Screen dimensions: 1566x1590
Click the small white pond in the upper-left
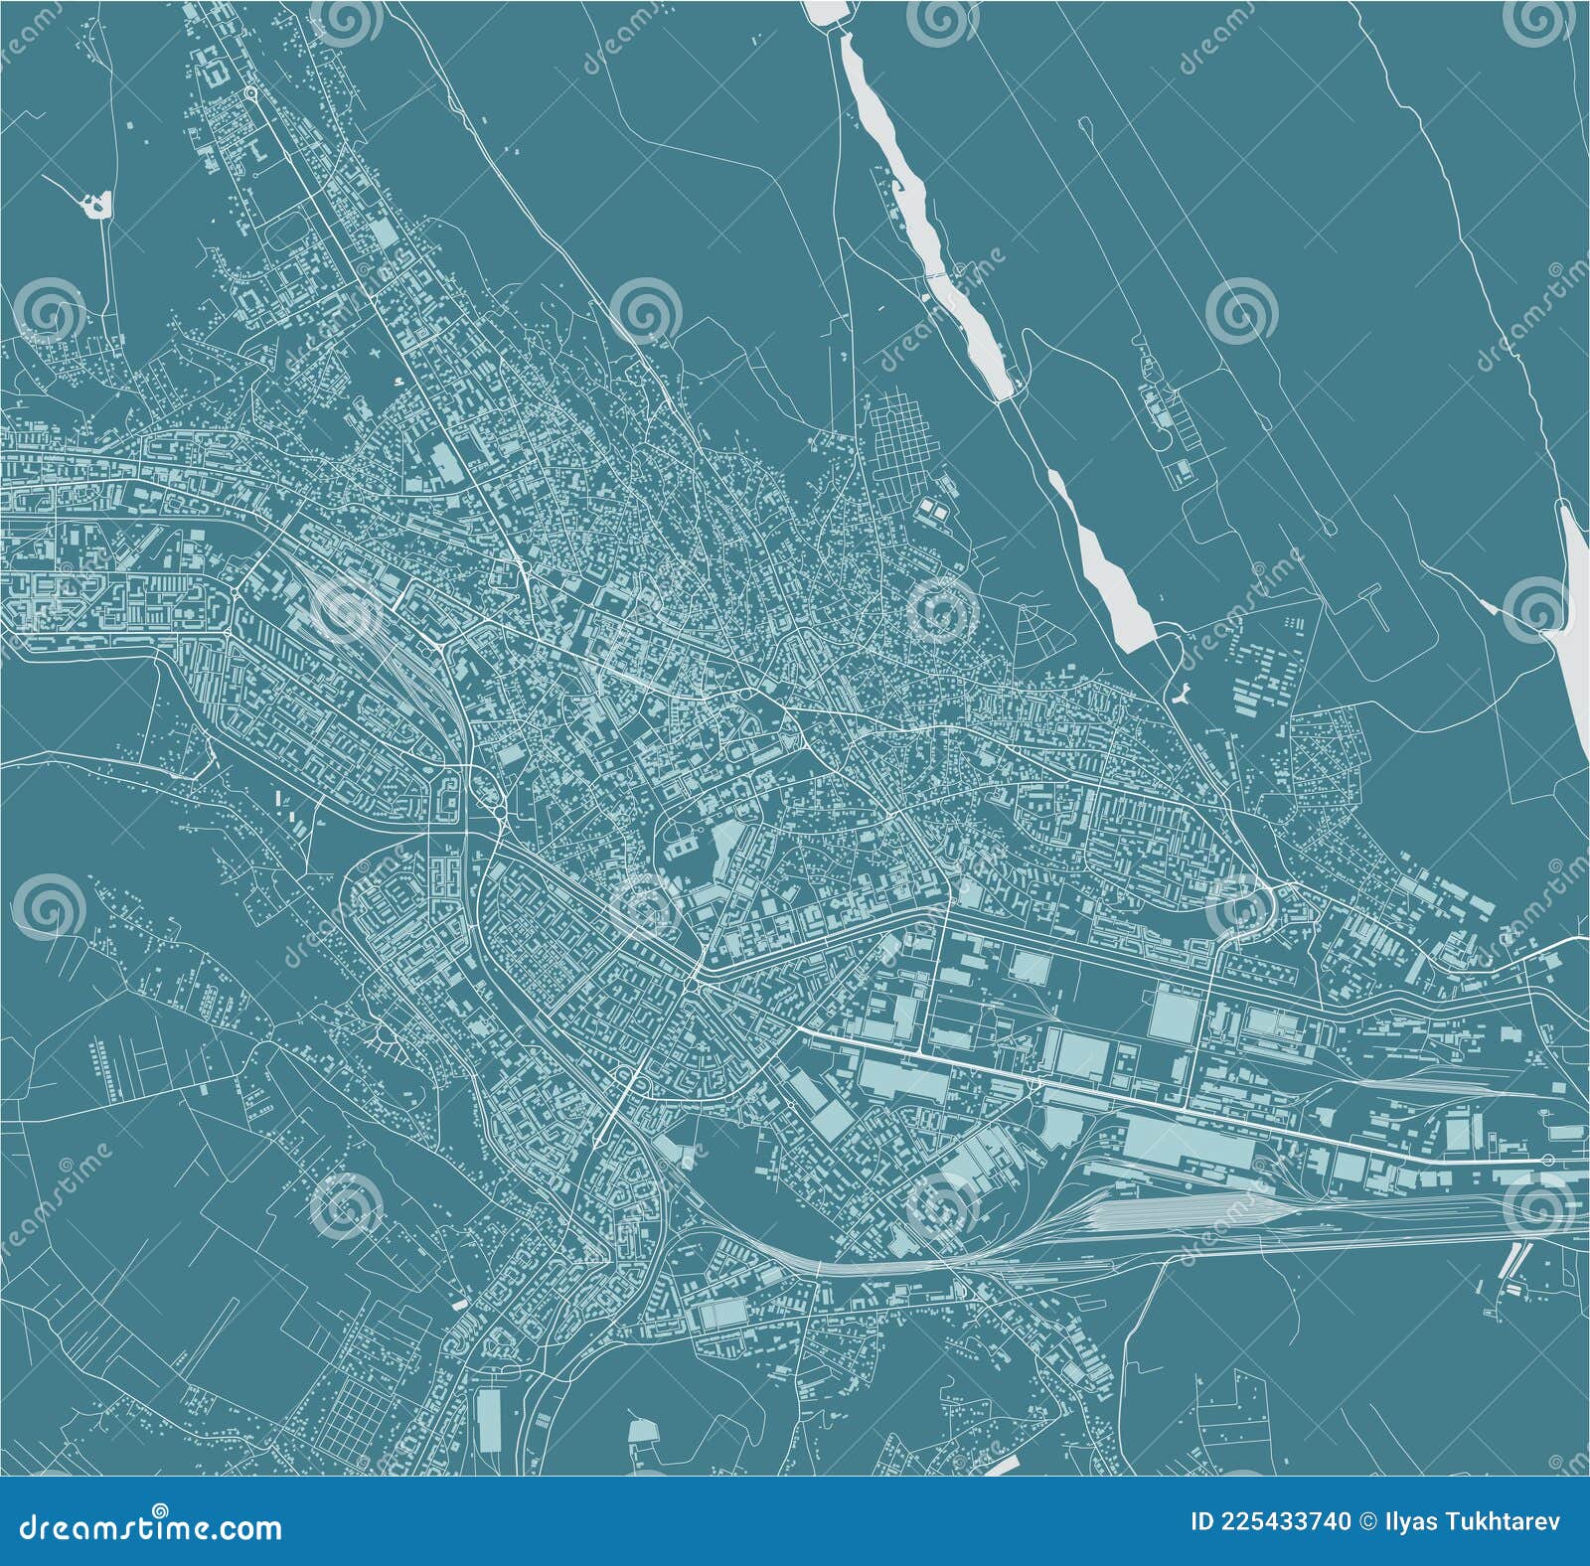[95, 206]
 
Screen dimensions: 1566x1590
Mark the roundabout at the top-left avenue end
[251, 93]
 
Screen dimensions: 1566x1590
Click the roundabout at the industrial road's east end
[1547, 1161]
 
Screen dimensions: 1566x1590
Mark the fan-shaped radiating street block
[1033, 637]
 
